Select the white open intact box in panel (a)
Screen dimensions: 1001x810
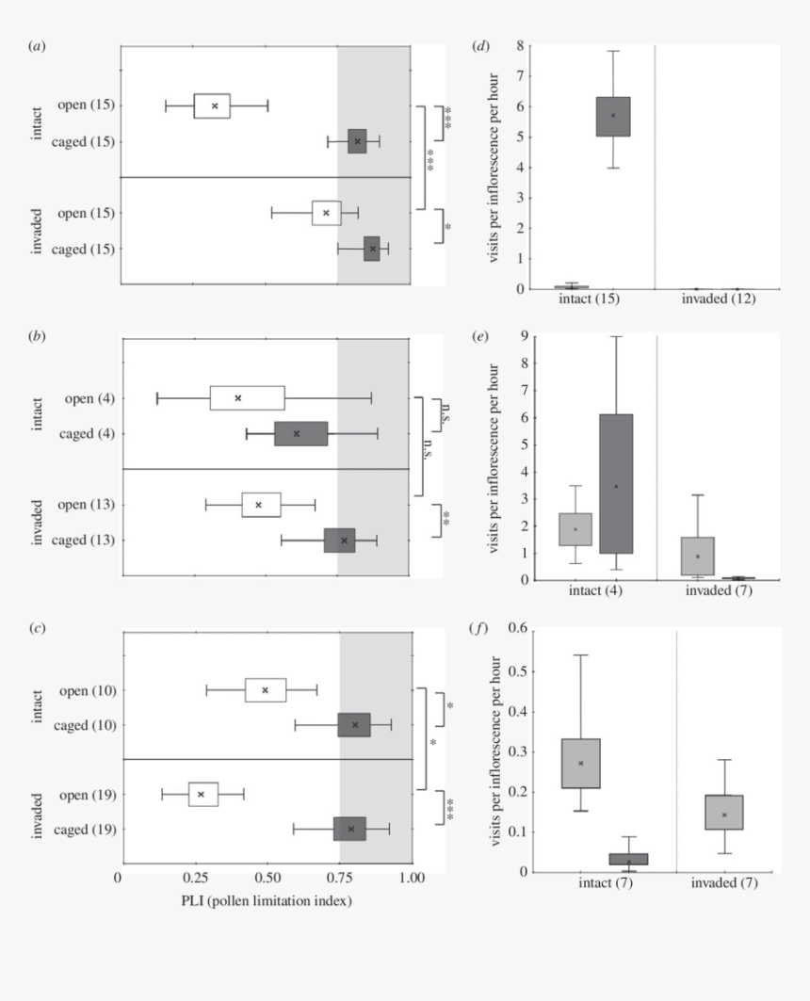(x=212, y=105)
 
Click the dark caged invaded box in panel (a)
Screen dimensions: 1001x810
(x=371, y=249)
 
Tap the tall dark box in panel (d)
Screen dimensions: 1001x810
(x=612, y=117)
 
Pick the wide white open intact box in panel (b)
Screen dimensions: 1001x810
(x=247, y=397)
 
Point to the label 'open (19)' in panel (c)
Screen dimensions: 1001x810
(x=88, y=794)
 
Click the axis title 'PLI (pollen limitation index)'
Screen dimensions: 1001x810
(x=267, y=900)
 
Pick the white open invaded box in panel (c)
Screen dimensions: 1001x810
(x=203, y=794)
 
